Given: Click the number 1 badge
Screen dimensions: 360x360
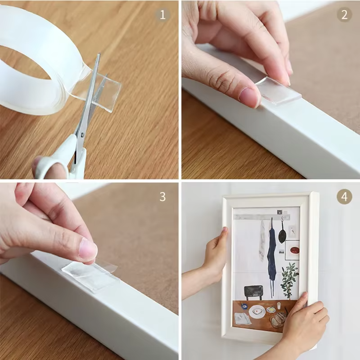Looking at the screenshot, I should [163, 14].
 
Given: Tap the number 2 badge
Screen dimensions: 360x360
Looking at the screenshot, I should [344, 14].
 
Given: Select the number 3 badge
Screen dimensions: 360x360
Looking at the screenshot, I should [163, 197].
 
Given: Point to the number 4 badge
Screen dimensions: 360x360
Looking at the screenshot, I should [344, 197].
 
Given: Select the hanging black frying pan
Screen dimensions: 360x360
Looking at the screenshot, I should [282, 234].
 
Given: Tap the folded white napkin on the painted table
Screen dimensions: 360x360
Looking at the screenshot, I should [243, 319].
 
